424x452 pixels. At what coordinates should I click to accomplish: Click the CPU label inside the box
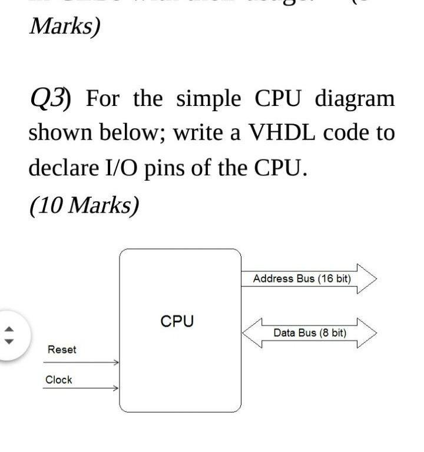coord(177,321)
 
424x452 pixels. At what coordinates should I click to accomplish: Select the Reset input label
coord(62,350)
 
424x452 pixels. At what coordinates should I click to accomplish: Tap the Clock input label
coord(59,380)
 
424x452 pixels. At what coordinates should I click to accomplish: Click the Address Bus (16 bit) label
coord(302,278)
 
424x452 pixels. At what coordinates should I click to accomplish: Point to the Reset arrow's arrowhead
coord(117,363)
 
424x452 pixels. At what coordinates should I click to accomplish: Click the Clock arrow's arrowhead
coord(117,388)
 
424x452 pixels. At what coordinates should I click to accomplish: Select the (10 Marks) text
coord(84,204)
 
